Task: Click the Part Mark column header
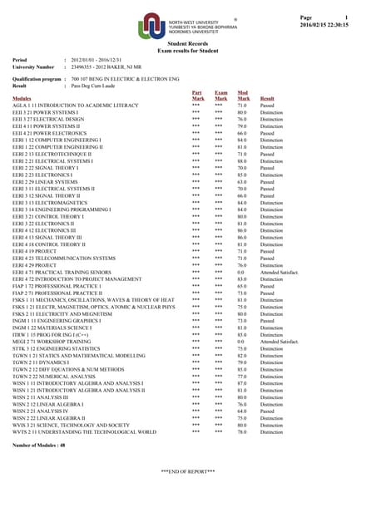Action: (197, 96)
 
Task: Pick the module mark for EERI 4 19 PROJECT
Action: (242, 250)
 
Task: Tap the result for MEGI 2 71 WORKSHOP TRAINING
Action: (280, 342)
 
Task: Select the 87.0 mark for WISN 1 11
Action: (242, 382)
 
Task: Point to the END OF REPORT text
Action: (188, 471)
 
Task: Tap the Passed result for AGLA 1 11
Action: (267, 106)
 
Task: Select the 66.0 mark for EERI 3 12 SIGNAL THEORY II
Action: (242, 195)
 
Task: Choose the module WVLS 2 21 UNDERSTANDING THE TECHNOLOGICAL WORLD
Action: (85, 432)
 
